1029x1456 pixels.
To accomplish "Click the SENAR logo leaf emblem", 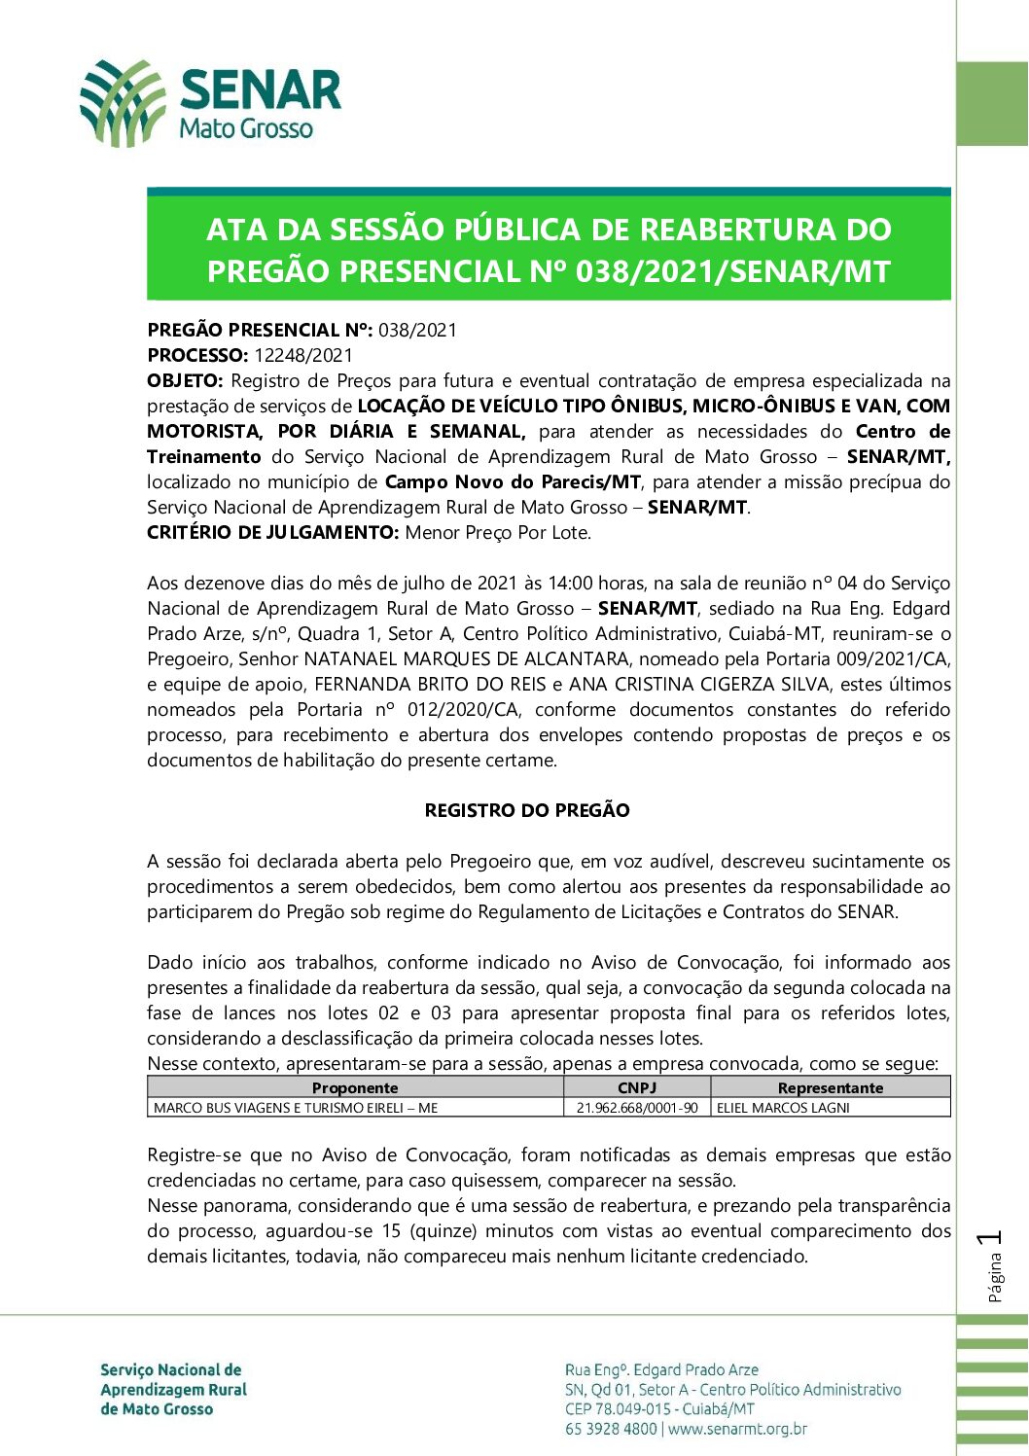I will click(x=123, y=103).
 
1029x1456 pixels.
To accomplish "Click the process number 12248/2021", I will click(x=303, y=355).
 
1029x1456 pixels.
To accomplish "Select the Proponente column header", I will click(x=355, y=1087).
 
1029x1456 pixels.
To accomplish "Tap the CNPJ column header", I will click(x=637, y=1087).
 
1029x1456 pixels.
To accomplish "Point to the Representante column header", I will click(x=831, y=1087).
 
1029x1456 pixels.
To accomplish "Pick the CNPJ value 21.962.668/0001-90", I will click(x=637, y=1108).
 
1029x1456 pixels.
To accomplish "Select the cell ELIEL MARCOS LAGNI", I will click(x=783, y=1108).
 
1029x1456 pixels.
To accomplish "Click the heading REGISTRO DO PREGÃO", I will click(x=527, y=810).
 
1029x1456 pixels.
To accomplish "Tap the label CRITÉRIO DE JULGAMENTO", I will click(x=273, y=532).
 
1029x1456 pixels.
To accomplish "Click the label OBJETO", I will click(x=185, y=380).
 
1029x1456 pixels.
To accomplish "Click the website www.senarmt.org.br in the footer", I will click(x=738, y=1429).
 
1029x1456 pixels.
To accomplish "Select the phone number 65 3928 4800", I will click(x=611, y=1429).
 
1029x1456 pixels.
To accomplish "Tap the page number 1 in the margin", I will click(x=991, y=1238).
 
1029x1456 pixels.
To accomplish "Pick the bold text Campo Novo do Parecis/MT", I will click(x=513, y=481).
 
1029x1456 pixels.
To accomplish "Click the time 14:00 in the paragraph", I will click(x=570, y=583).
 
